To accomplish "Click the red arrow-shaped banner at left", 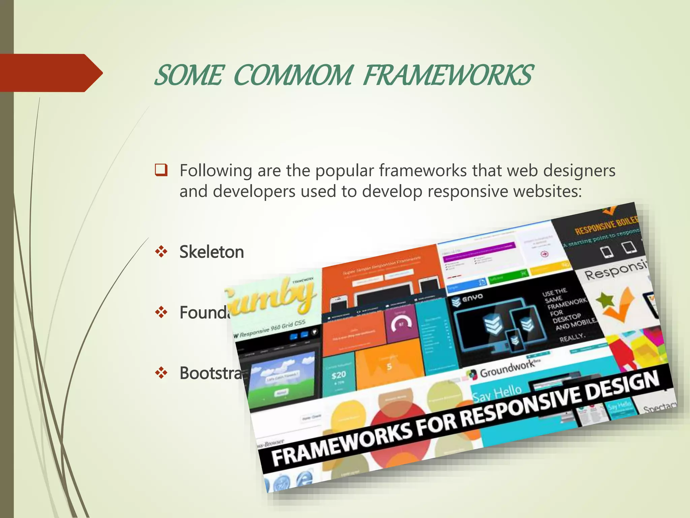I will (x=51, y=73).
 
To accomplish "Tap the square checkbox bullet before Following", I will (x=161, y=170).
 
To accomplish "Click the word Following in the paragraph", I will (x=216, y=171).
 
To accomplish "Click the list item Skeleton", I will (x=212, y=252).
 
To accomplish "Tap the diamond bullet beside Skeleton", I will (x=161, y=252).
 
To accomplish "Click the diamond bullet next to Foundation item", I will (x=161, y=312).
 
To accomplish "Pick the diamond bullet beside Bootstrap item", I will (x=161, y=373).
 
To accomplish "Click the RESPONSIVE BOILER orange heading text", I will (x=606, y=225).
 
